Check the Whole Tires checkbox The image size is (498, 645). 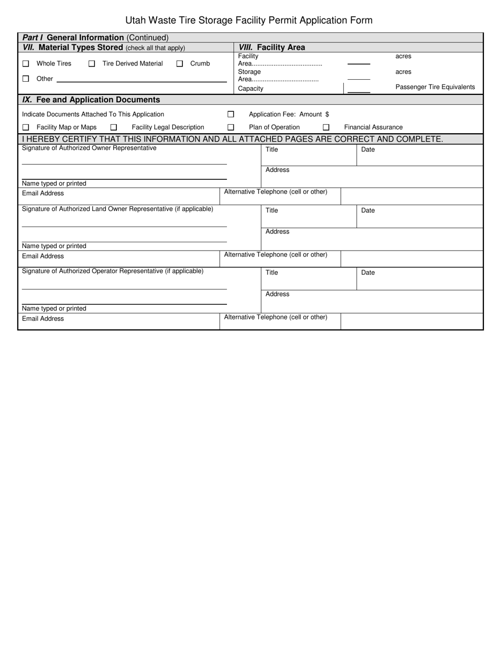coord(26,63)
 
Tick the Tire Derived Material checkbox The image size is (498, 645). coord(92,63)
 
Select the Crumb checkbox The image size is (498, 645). coord(180,63)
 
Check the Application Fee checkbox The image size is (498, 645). coord(231,114)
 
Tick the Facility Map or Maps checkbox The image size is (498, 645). coord(26,127)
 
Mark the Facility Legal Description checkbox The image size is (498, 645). coord(114,127)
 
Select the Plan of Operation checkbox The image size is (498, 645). coord(231,127)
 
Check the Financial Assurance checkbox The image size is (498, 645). coord(326,127)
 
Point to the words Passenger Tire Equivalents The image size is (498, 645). coord(435,87)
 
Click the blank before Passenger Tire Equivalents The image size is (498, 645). coord(359,89)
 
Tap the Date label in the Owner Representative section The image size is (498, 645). coord(368,149)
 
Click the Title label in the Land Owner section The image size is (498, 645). coord(272,210)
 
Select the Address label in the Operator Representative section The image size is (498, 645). coord(277,294)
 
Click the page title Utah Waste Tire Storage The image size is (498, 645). coord(249,20)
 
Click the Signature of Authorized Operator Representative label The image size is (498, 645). coord(113,271)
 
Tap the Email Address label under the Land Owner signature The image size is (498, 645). coord(43,256)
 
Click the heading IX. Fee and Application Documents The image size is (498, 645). coord(91,100)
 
